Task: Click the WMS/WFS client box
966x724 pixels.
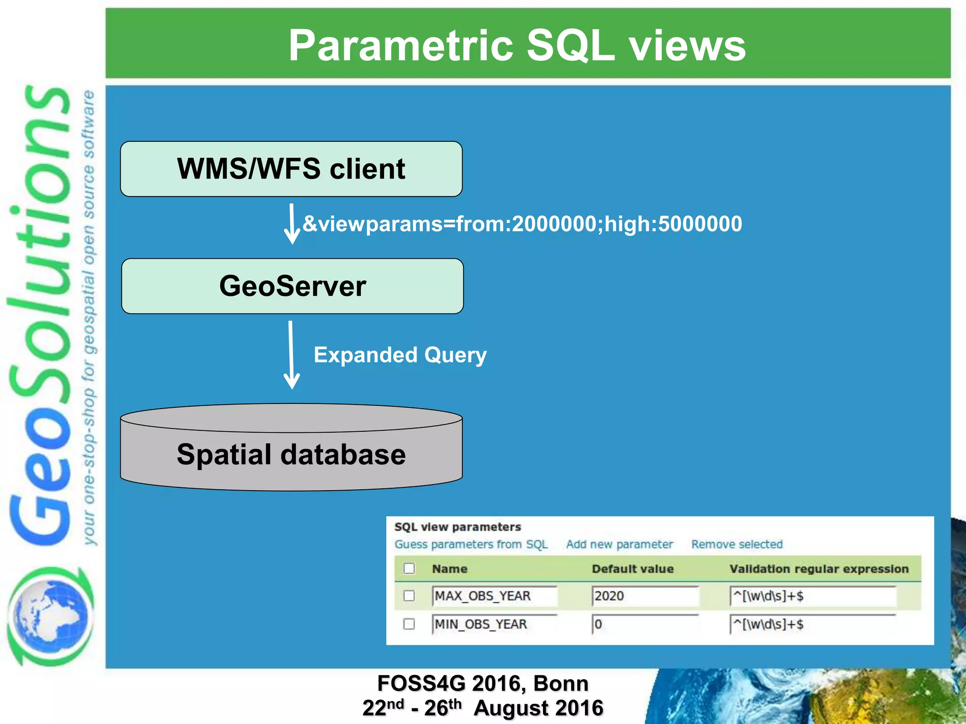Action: tap(291, 169)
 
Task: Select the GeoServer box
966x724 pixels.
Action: tap(292, 286)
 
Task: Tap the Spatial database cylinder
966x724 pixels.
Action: tap(291, 454)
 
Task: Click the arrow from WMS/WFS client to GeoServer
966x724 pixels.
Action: tap(292, 224)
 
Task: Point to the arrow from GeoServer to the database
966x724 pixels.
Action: tap(291, 354)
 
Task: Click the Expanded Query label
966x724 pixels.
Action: tap(400, 355)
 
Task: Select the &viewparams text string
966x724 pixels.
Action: tap(522, 224)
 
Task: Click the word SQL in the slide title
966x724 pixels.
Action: tap(570, 45)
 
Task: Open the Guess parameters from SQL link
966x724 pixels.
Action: tap(471, 544)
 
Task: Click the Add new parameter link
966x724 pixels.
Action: tap(619, 544)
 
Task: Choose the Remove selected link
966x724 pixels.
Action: tap(737, 544)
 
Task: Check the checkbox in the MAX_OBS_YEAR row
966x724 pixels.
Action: tap(409, 596)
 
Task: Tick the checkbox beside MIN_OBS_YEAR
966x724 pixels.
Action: tap(409, 624)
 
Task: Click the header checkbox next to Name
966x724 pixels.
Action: tap(409, 568)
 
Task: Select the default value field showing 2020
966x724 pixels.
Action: tap(644, 596)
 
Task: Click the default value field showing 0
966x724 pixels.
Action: tap(644, 625)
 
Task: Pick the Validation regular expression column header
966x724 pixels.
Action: tap(819, 569)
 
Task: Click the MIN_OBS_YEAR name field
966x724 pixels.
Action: tap(494, 625)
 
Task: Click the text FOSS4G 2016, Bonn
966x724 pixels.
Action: tap(483, 683)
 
